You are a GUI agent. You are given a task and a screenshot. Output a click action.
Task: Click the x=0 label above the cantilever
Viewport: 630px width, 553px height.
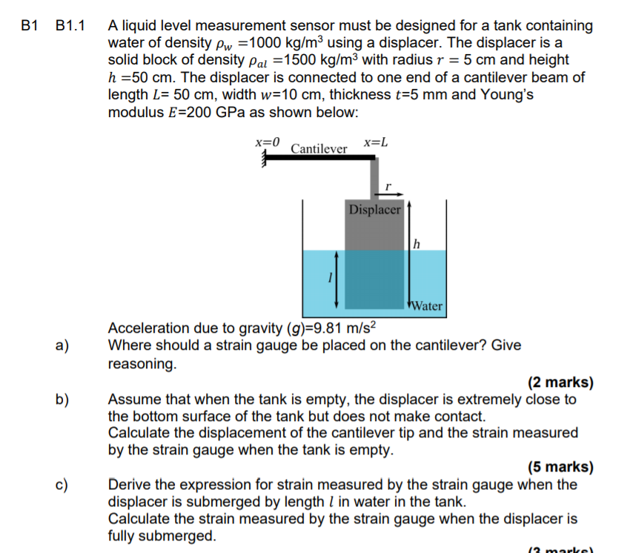[268, 141]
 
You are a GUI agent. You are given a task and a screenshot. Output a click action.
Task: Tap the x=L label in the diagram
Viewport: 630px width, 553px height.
[376, 141]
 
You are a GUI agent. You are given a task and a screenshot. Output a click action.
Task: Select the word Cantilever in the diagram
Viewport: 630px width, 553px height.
[319, 149]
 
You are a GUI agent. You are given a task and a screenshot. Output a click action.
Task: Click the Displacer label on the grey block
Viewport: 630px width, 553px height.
[374, 210]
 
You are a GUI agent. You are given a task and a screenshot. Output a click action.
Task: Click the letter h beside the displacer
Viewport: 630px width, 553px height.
[417, 243]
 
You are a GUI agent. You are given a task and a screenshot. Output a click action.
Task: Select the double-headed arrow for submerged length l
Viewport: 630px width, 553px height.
[338, 278]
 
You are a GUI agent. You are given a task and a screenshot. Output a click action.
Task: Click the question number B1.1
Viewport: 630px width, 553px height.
[70, 26]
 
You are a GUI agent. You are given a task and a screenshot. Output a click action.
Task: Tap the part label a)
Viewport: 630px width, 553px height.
[62, 345]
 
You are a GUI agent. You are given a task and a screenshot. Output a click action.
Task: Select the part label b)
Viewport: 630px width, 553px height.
[62, 400]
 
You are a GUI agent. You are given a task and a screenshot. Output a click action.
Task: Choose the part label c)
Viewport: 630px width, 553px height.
[62, 486]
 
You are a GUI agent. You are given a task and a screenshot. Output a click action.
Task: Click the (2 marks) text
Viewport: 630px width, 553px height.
[560, 383]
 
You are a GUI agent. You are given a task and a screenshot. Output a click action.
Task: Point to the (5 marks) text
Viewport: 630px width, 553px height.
[560, 468]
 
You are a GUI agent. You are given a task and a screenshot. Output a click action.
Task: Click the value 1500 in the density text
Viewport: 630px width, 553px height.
[299, 60]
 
